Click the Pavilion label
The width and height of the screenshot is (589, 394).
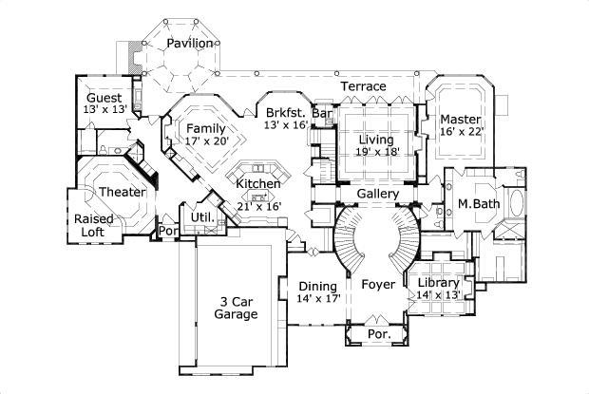(189, 44)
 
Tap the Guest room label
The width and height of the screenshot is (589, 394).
(104, 99)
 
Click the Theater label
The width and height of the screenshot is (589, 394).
(123, 193)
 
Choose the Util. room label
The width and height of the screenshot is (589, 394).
(201, 218)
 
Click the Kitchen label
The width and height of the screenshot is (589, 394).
(257, 184)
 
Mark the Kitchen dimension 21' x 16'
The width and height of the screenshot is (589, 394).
(257, 206)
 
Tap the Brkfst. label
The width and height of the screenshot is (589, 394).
(284, 111)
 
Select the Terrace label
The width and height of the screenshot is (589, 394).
(364, 86)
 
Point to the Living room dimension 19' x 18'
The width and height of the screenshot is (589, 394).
(377, 151)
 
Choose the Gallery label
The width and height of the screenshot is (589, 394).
(376, 195)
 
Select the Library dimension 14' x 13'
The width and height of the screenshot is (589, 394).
(438, 295)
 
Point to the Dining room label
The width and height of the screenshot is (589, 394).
(317, 287)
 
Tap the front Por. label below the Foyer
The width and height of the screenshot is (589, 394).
(377, 335)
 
